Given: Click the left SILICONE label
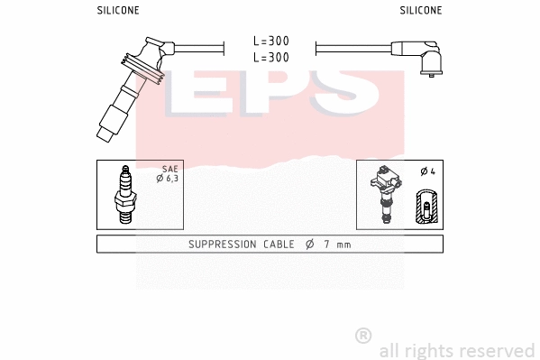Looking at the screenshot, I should (x=117, y=11).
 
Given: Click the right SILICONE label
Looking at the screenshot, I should (x=420, y=11).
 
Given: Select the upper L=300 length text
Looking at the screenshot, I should (x=270, y=42).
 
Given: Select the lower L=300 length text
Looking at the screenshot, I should (x=270, y=57).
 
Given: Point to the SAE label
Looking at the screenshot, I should (x=169, y=169).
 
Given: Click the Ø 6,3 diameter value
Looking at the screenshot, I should (x=169, y=179).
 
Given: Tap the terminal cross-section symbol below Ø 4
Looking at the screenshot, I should (x=426, y=207).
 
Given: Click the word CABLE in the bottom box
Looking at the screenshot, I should (x=281, y=245).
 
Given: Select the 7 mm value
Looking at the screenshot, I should (x=338, y=245).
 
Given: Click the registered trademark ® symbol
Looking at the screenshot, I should (x=363, y=336).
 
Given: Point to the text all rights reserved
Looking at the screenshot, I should (x=456, y=350).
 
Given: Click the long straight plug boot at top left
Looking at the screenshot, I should (x=126, y=90).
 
